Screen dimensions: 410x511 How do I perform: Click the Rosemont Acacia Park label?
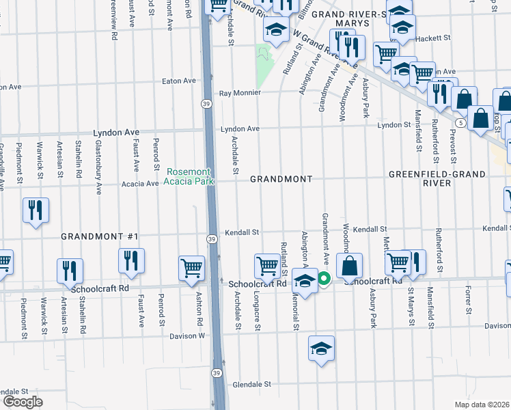tap(188, 176)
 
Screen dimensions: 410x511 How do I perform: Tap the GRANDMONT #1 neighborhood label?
tap(100, 236)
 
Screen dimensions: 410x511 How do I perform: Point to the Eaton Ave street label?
tap(179, 81)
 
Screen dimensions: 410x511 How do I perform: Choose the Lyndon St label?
tap(393, 125)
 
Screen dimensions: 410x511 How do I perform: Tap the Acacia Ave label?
tap(139, 183)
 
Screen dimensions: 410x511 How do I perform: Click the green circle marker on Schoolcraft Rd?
tap(324, 279)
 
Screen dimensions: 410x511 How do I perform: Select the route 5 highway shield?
tap(462, 123)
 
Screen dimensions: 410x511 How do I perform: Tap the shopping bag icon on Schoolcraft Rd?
tap(349, 266)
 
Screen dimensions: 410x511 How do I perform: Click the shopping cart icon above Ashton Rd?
tap(191, 268)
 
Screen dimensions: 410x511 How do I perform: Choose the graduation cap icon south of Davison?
tap(321, 348)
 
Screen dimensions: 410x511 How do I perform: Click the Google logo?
tap(23, 402)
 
